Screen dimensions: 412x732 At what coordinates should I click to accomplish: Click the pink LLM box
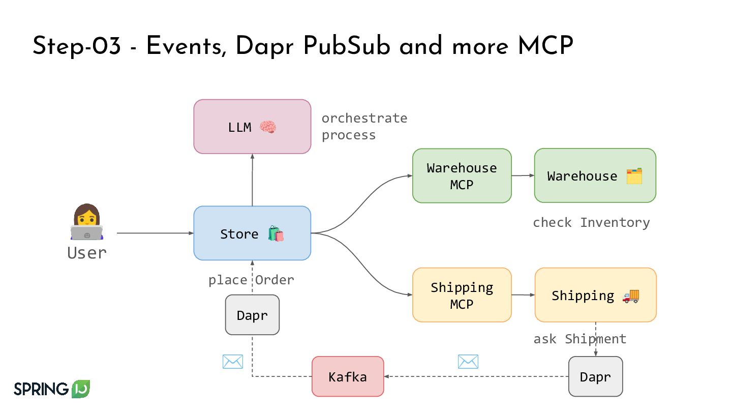[252, 127]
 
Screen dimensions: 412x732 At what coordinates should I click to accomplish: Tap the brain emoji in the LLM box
[268, 127]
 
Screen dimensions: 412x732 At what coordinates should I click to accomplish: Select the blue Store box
[252, 233]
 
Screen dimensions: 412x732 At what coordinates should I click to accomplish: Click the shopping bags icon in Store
[276, 234]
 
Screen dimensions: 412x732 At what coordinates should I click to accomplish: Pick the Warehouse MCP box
[462, 176]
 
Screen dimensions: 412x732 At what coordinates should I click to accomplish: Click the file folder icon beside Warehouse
[634, 176]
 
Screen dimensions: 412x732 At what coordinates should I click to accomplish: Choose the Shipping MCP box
[462, 295]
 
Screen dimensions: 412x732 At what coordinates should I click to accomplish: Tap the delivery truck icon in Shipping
[630, 296]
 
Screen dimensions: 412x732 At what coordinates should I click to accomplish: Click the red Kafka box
[348, 376]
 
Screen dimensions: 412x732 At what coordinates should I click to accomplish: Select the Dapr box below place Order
[252, 315]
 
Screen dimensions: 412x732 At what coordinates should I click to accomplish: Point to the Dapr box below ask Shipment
[595, 376]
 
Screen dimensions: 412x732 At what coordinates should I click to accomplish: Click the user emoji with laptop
[87, 223]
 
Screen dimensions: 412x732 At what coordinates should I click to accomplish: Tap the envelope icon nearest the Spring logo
[233, 362]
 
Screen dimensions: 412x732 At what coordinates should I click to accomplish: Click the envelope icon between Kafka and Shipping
[468, 362]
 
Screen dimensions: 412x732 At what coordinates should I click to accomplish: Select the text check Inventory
[591, 223]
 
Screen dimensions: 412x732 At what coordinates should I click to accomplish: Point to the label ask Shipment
[579, 339]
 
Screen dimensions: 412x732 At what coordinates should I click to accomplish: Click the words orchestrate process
[364, 127]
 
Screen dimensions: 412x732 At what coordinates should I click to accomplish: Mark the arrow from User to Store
[155, 233]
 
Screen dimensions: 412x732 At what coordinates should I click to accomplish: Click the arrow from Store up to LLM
[252, 180]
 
